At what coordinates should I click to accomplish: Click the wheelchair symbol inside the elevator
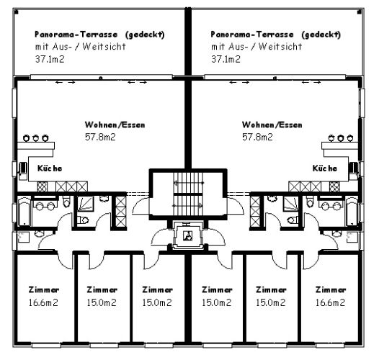(188, 235)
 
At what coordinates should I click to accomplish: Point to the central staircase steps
(188, 194)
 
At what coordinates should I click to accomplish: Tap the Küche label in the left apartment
(50, 168)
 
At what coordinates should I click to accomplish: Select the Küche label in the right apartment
(325, 168)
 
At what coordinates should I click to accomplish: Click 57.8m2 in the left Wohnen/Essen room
(100, 137)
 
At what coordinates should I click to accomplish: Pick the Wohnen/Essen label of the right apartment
(272, 125)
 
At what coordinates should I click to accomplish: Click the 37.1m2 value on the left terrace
(50, 59)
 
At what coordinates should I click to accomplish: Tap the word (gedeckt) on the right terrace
(321, 35)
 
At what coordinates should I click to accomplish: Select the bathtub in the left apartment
(24, 212)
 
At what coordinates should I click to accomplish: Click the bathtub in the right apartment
(352, 212)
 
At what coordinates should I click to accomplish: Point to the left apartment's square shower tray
(85, 204)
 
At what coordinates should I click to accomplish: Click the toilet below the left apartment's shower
(84, 220)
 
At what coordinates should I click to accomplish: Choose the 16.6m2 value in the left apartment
(43, 302)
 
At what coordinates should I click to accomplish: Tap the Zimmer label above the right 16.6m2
(331, 289)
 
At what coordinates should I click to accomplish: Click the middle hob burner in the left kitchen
(36, 138)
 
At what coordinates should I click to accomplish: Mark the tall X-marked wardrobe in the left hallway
(121, 212)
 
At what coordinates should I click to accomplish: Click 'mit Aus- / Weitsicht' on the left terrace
(81, 47)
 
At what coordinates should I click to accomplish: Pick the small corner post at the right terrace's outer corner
(360, 12)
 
